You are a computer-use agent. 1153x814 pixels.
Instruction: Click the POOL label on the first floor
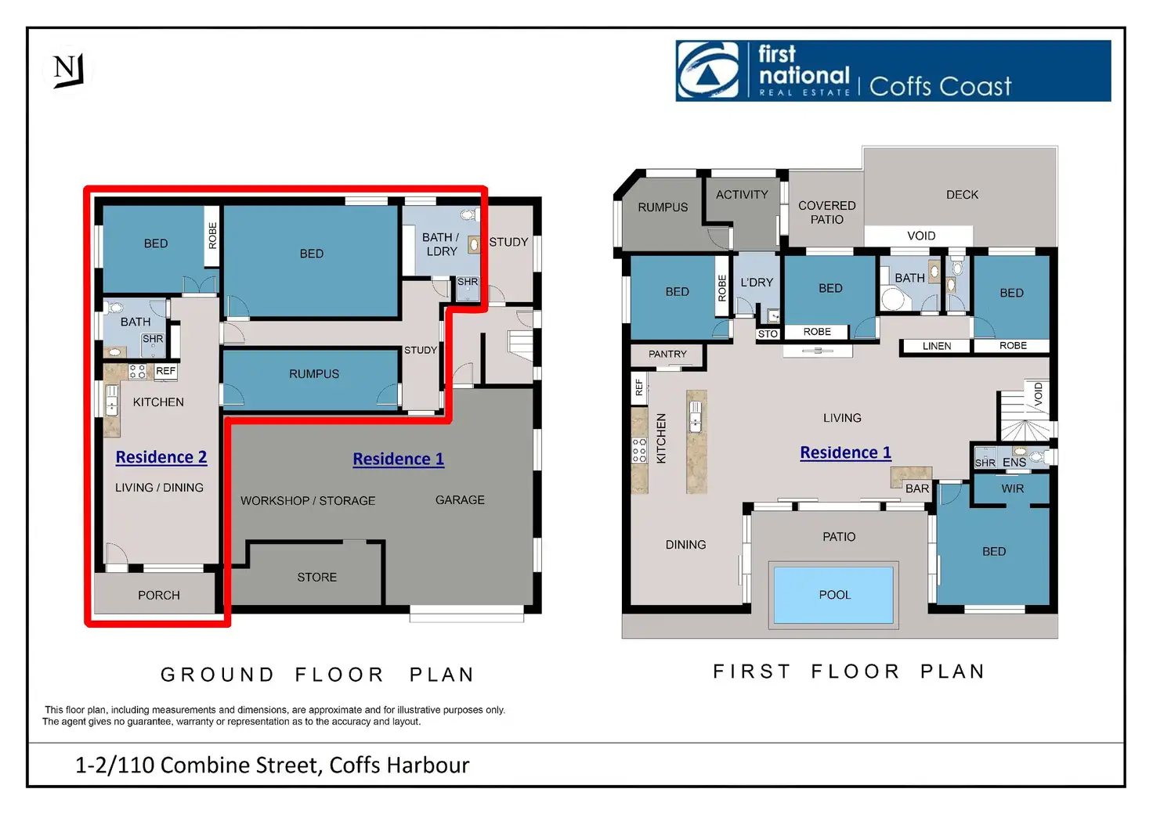(834, 595)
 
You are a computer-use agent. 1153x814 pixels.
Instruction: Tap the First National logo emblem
(707, 70)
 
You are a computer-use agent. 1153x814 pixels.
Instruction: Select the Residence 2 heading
(161, 457)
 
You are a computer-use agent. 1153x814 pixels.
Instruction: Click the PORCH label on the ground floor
(159, 596)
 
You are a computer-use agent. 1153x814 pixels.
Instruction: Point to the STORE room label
(317, 578)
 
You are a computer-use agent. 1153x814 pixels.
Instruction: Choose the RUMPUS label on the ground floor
(314, 374)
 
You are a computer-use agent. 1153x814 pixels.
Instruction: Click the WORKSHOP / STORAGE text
(308, 501)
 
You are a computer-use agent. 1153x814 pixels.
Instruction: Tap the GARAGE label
(460, 500)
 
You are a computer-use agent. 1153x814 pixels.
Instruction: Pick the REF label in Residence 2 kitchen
(165, 371)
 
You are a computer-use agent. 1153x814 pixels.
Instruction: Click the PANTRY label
(667, 355)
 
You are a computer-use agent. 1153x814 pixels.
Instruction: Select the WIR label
(1013, 488)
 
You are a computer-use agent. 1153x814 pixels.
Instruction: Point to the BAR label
(917, 488)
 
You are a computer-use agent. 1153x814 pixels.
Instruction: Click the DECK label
(962, 195)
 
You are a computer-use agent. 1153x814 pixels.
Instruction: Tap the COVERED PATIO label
(827, 213)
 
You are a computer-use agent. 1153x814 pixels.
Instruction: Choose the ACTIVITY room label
(742, 195)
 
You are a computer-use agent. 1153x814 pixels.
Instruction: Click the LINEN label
(937, 346)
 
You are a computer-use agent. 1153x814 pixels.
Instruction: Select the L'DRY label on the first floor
(757, 283)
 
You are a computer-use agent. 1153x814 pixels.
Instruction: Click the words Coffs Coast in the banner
(940, 86)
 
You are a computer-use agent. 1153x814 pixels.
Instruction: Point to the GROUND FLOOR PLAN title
(317, 675)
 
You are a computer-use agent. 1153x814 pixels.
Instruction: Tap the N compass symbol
(68, 70)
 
